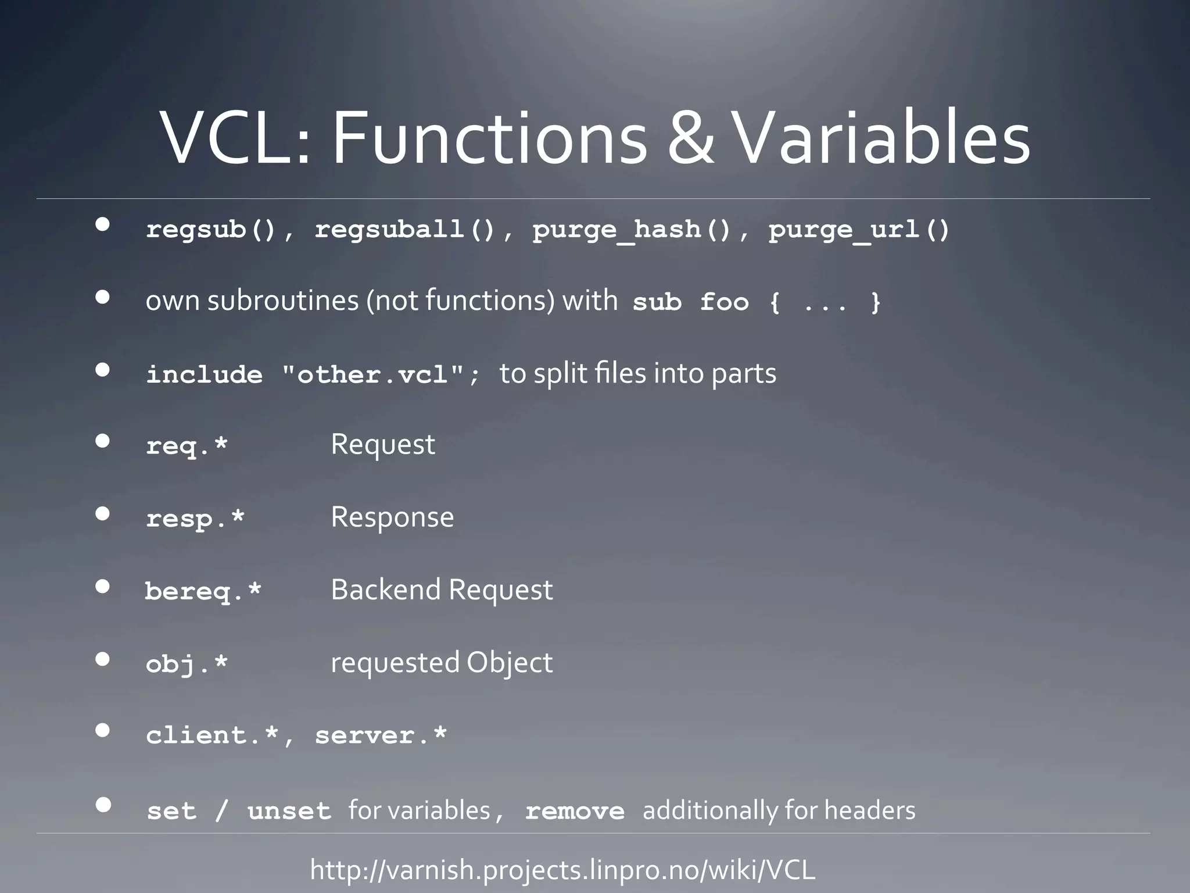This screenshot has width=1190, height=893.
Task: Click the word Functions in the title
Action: tap(489, 140)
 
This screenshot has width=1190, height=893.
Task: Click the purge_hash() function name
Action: tap(632, 230)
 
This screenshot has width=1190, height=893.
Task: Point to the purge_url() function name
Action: tap(859, 230)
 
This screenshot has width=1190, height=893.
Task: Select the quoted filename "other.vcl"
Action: tap(374, 374)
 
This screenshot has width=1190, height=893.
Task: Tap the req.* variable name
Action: tap(187, 446)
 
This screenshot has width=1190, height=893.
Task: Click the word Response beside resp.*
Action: tap(392, 517)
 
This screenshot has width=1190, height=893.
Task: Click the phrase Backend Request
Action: tap(442, 590)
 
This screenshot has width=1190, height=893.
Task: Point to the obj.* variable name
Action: tap(187, 663)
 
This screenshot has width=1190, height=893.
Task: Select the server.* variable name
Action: tap(381, 735)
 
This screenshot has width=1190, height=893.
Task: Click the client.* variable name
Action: tap(212, 735)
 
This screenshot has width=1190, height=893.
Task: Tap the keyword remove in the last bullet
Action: tap(575, 811)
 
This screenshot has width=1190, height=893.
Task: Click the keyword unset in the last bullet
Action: tap(289, 811)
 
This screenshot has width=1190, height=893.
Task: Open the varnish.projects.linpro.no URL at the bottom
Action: tap(562, 870)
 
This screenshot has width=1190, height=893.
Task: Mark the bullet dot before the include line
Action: tap(103, 370)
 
